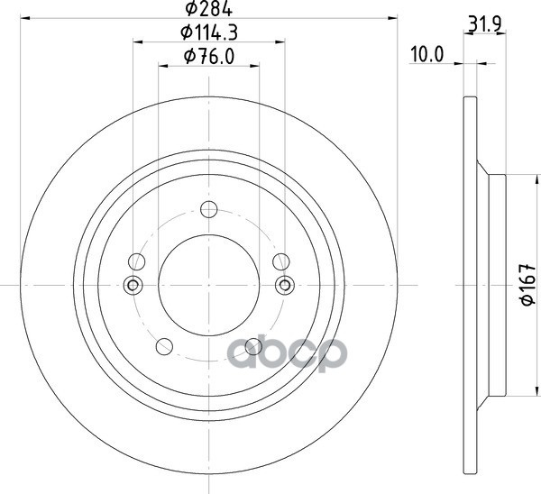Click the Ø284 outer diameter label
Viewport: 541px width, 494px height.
pyautogui.click(x=209, y=9)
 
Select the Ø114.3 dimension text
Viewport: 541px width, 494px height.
pyautogui.click(x=209, y=32)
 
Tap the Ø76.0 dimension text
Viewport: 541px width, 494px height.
pyautogui.click(x=209, y=56)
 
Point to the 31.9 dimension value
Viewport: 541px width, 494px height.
pyautogui.click(x=484, y=24)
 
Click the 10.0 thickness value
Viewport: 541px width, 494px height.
pyautogui.click(x=426, y=54)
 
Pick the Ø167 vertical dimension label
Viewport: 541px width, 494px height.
pyautogui.click(x=527, y=285)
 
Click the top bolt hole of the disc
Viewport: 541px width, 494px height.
pyautogui.click(x=209, y=209)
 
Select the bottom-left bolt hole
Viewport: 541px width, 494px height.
pyautogui.click(x=164, y=346)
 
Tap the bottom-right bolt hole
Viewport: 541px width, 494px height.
pyautogui.click(x=253, y=346)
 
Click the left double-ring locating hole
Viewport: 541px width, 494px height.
pyautogui.click(x=133, y=285)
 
